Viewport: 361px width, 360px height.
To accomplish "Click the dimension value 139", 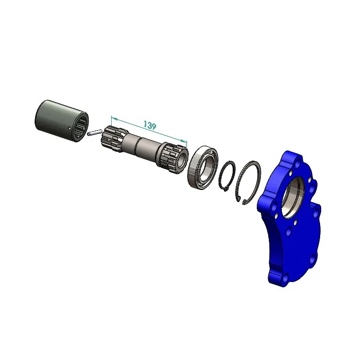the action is (150, 125).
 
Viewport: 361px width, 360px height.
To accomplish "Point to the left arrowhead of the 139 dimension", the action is (114, 119).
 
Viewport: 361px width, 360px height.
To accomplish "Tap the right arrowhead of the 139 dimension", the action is (184, 141).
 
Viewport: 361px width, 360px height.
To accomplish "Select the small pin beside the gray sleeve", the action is (94, 132).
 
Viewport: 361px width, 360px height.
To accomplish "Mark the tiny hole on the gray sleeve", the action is (70, 128).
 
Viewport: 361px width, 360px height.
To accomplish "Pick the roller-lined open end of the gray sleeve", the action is (81, 127).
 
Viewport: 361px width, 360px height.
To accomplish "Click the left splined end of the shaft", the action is (112, 139).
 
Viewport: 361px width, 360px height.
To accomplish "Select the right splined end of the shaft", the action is (172, 157).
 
